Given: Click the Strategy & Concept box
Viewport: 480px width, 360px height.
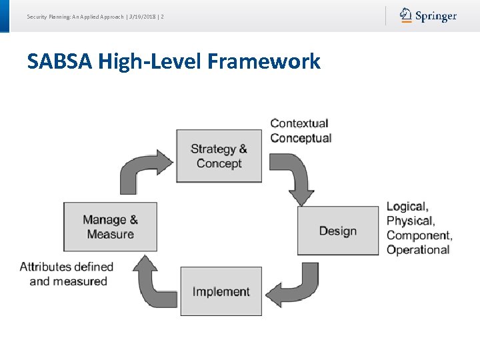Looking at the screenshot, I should click(x=219, y=156).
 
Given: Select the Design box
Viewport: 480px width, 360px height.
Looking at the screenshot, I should click(x=337, y=231).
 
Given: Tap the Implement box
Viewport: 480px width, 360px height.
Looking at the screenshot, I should click(x=221, y=291).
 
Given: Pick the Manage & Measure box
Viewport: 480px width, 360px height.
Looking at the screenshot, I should click(x=110, y=227).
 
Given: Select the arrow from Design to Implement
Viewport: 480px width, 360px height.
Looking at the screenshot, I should click(x=297, y=284).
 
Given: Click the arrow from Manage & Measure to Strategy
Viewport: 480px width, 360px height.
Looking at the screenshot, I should click(x=143, y=170).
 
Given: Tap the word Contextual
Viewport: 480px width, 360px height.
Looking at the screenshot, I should click(x=299, y=123).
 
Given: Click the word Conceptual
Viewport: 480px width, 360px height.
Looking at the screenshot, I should click(x=301, y=138).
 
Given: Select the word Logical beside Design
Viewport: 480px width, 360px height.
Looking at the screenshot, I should click(x=407, y=207).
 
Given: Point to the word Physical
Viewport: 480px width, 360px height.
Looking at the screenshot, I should click(x=410, y=221).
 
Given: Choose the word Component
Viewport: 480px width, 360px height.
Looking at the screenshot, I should click(x=419, y=235).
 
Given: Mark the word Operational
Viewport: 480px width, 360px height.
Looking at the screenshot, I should click(x=418, y=250).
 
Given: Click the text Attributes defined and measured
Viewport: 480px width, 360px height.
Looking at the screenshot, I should click(x=67, y=274).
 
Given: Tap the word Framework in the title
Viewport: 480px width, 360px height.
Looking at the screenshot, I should click(x=264, y=62).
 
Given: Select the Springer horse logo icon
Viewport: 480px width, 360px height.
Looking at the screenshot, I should click(x=405, y=15).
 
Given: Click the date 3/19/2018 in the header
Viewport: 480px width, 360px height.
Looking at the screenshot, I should click(x=143, y=15).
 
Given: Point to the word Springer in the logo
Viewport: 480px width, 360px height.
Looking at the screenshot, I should click(x=436, y=16).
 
